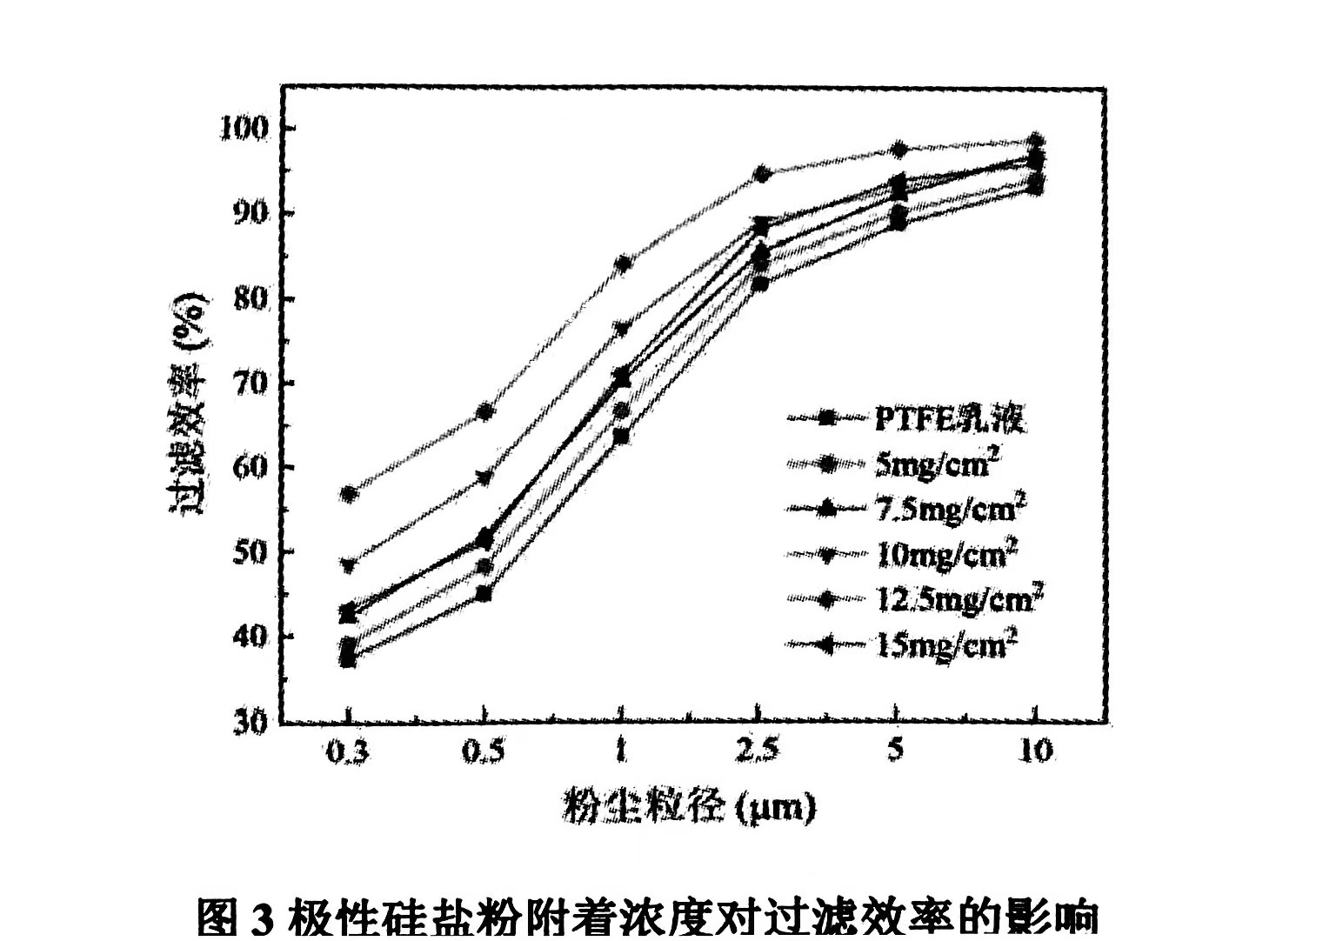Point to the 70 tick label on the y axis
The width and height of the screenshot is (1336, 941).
[250, 383]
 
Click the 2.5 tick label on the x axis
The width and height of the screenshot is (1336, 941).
[757, 750]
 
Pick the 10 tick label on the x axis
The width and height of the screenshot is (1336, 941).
[1035, 750]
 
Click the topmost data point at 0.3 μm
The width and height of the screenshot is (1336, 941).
[350, 494]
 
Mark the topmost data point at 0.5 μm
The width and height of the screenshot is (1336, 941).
[484, 411]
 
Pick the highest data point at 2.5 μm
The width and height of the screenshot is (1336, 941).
[762, 174]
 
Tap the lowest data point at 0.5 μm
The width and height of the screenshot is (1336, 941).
[484, 595]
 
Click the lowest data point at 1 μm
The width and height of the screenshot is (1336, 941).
[621, 436]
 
